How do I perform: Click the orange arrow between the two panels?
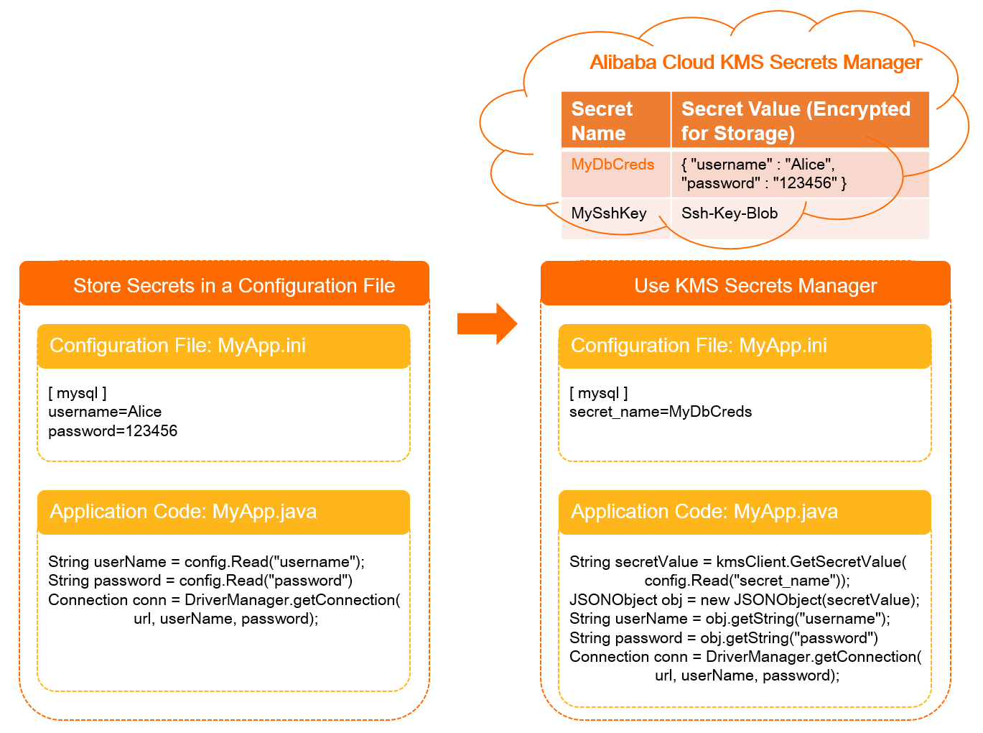point(486,324)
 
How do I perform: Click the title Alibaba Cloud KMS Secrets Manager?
point(755,63)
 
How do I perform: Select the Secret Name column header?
point(602,121)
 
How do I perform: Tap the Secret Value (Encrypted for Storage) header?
point(795,121)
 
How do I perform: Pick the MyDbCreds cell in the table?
point(612,165)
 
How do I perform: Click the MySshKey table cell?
point(609,213)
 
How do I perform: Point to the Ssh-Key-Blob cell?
point(730,213)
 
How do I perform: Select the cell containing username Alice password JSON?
point(763,174)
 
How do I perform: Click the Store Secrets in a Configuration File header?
point(234,286)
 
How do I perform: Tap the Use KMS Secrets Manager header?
point(755,286)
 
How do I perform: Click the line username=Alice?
point(105,412)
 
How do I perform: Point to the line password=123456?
point(113,431)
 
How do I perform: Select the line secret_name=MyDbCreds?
point(661,412)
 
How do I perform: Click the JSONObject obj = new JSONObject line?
point(744,600)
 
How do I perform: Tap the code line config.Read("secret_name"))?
point(747,581)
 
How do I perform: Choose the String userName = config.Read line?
point(206,562)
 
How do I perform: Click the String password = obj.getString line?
point(723,638)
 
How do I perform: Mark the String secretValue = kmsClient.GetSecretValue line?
point(737,562)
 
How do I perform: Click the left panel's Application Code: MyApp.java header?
point(183,512)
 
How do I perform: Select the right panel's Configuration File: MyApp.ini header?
point(699,346)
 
